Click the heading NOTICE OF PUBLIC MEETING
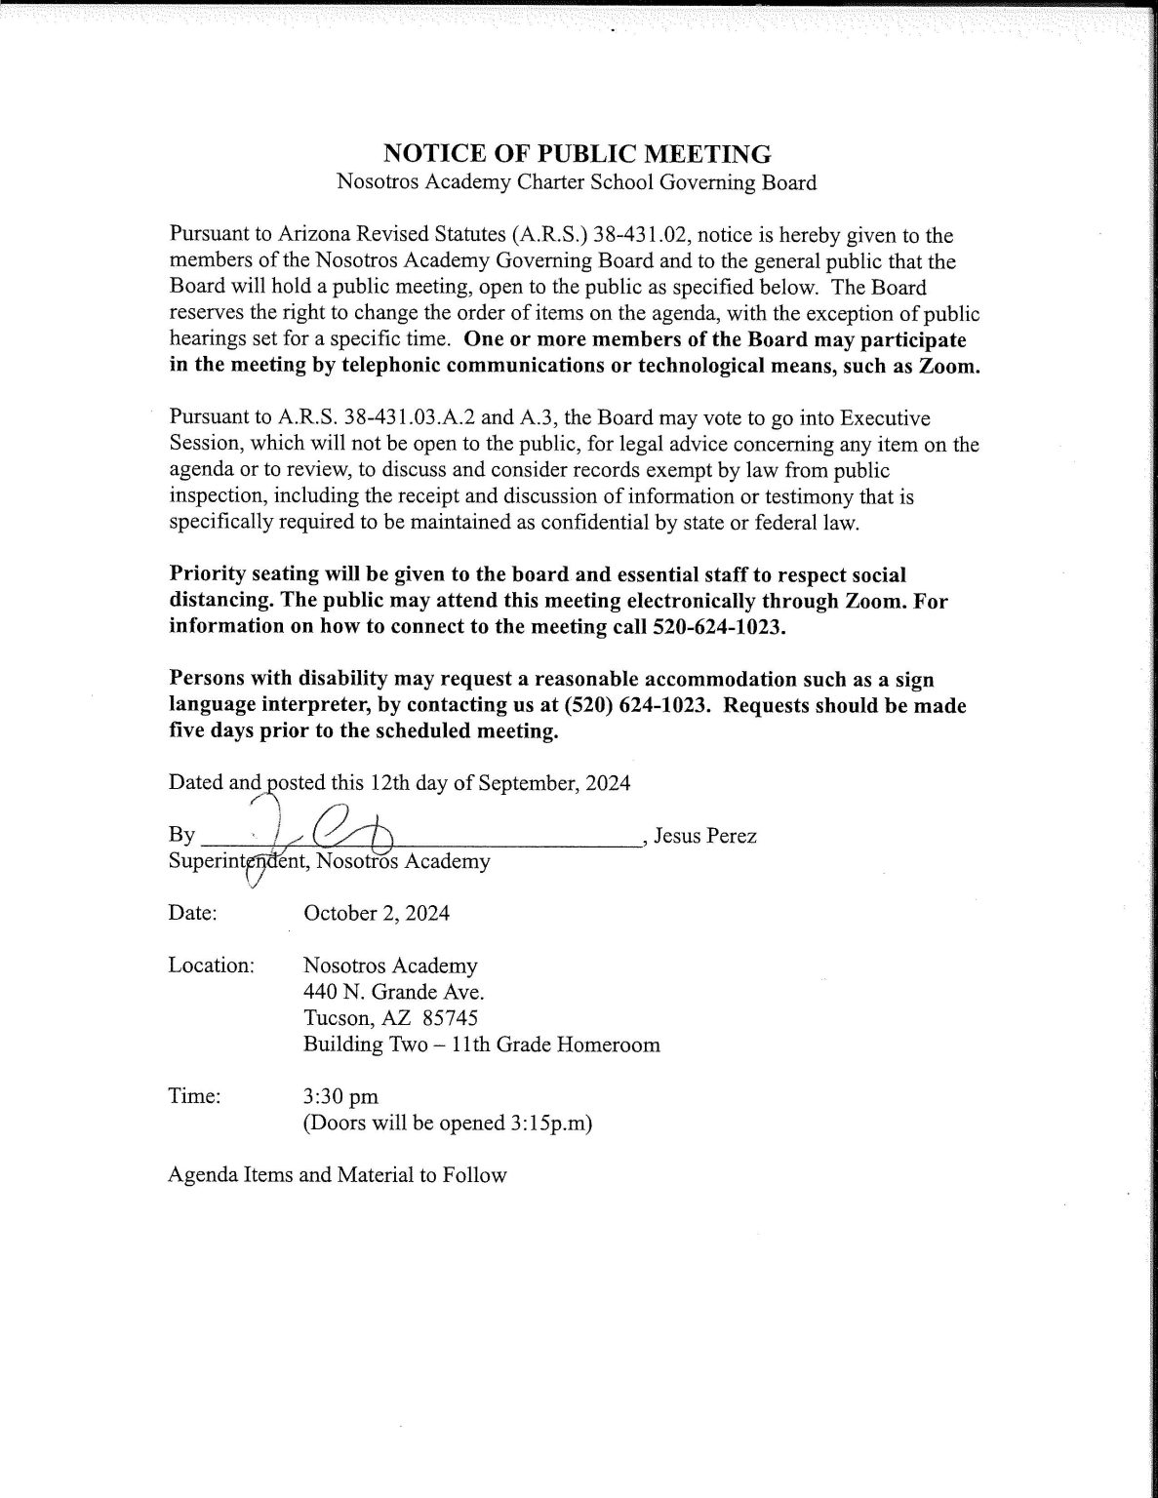coord(578,154)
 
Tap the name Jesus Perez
coord(704,836)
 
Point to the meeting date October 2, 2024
coord(377,914)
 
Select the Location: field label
coord(212,966)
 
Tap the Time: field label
coord(195,1097)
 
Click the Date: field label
coord(192,914)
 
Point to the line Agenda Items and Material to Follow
coord(338,1175)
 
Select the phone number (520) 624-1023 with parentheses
coord(636,706)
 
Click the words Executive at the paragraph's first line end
coord(883,419)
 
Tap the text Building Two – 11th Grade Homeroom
coord(482,1045)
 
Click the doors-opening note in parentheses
coord(448,1123)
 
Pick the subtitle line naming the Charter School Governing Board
coord(577,182)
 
